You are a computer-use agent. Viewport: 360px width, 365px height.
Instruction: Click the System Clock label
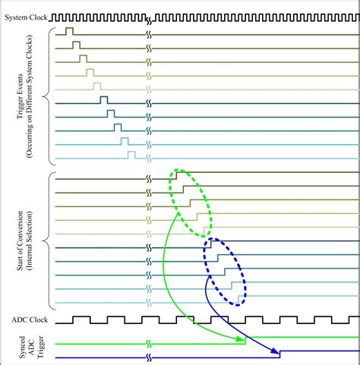click(x=26, y=17)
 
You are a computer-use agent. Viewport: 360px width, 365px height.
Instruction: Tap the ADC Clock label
click(x=30, y=320)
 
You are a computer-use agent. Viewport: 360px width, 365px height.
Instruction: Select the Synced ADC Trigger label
click(x=31, y=347)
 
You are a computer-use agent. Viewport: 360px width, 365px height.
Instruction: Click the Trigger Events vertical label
click(x=24, y=96)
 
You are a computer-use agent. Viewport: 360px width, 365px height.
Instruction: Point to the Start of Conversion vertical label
click(x=24, y=241)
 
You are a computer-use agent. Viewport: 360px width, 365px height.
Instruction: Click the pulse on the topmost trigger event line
click(x=69, y=31)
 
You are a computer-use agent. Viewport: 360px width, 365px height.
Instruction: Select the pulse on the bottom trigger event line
click(x=131, y=155)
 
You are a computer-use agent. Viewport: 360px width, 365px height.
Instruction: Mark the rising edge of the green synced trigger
click(x=245, y=341)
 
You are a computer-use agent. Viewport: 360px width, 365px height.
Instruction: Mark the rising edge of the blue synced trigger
click(x=279, y=354)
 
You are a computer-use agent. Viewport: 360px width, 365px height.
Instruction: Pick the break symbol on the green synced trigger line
click(x=149, y=344)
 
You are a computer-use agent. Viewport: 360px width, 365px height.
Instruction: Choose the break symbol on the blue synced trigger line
click(x=149, y=357)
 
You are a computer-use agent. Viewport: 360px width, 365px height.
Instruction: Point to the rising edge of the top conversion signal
click(x=176, y=175)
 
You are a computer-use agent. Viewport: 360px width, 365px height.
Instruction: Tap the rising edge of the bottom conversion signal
click(x=238, y=299)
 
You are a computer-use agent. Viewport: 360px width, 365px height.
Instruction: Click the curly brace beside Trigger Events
click(x=49, y=96)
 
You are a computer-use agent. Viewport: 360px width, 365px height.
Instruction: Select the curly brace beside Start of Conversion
click(x=49, y=241)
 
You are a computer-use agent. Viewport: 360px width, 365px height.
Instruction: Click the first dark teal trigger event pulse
click(x=104, y=100)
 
